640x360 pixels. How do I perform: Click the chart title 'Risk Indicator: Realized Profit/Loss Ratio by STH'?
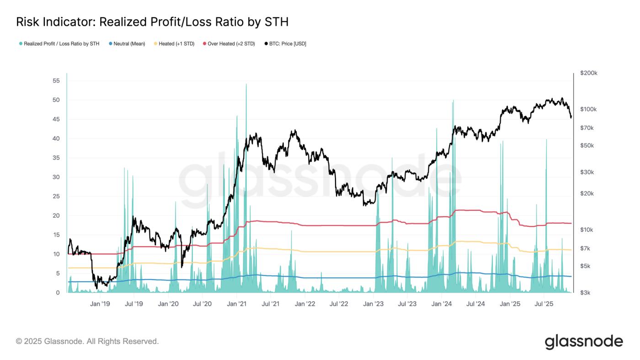(152, 22)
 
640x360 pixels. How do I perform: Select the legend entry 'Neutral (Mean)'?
(129, 44)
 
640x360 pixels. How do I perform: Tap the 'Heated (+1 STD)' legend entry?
(176, 44)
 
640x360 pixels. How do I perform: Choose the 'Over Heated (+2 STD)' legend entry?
(231, 44)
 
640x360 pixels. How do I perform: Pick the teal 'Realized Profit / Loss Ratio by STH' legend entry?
(61, 44)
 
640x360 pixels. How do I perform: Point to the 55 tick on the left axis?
(56, 81)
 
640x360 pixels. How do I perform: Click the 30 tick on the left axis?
(56, 177)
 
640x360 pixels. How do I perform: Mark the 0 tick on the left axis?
(58, 293)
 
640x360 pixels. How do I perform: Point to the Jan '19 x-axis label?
(100, 304)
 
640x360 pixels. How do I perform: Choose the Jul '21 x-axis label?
(271, 304)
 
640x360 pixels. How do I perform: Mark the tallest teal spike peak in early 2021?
(246, 85)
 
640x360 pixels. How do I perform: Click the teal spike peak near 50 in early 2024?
(453, 101)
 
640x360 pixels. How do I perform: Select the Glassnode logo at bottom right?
(583, 342)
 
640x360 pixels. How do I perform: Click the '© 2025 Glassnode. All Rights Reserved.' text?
(87, 341)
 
